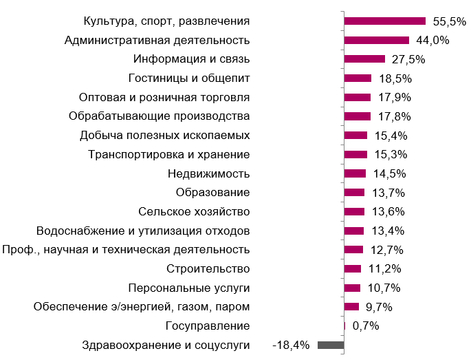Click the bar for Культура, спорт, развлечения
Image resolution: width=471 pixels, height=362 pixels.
tap(385, 21)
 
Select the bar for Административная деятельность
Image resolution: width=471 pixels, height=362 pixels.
tap(377, 40)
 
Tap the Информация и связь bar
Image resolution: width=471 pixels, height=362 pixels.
tap(364, 59)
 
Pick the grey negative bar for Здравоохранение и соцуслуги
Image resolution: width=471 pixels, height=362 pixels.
tap(331, 345)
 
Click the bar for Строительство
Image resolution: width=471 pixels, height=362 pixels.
tap(353, 268)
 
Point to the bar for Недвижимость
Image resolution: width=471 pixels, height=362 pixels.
tap(355, 173)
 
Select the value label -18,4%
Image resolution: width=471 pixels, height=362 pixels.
tap(292, 345)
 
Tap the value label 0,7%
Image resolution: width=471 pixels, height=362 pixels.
tap(365, 326)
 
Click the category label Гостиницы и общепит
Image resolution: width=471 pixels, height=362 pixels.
tap(189, 78)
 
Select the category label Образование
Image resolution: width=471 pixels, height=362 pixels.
tap(212, 192)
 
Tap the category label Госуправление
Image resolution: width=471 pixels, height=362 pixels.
tap(208, 326)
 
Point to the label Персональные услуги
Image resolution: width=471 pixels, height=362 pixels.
tap(189, 288)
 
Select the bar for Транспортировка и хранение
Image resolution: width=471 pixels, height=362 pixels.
tap(356, 154)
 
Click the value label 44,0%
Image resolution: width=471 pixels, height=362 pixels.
tap(432, 40)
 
